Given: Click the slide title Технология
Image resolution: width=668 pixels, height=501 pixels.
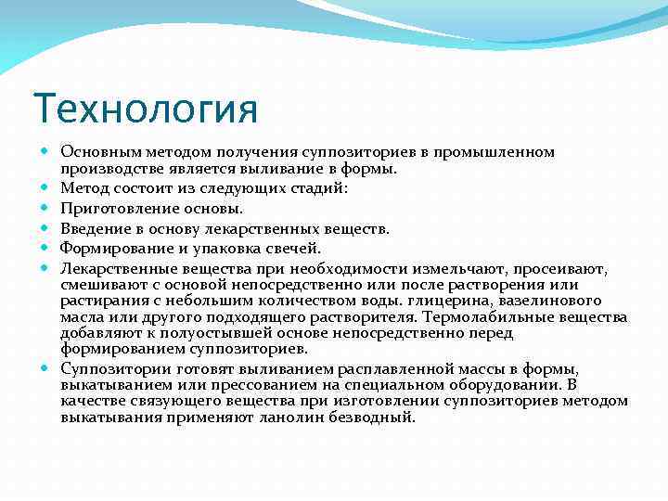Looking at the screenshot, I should coord(145,109).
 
